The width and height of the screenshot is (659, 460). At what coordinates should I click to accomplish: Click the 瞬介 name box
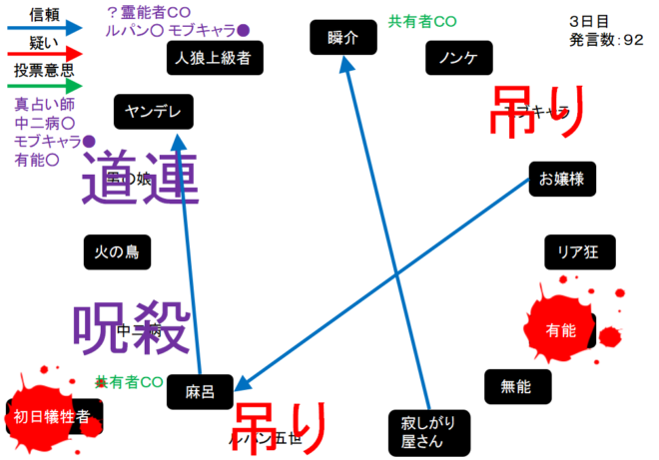click(342, 38)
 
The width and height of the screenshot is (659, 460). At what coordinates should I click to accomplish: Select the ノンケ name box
click(458, 59)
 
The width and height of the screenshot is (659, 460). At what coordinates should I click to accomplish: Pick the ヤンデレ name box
click(153, 113)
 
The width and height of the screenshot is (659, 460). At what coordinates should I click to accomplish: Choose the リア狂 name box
click(579, 251)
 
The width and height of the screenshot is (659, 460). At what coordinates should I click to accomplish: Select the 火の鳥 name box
click(117, 252)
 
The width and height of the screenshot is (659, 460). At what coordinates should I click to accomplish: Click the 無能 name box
click(516, 386)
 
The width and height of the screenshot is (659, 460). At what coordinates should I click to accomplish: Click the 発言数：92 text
click(606, 40)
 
